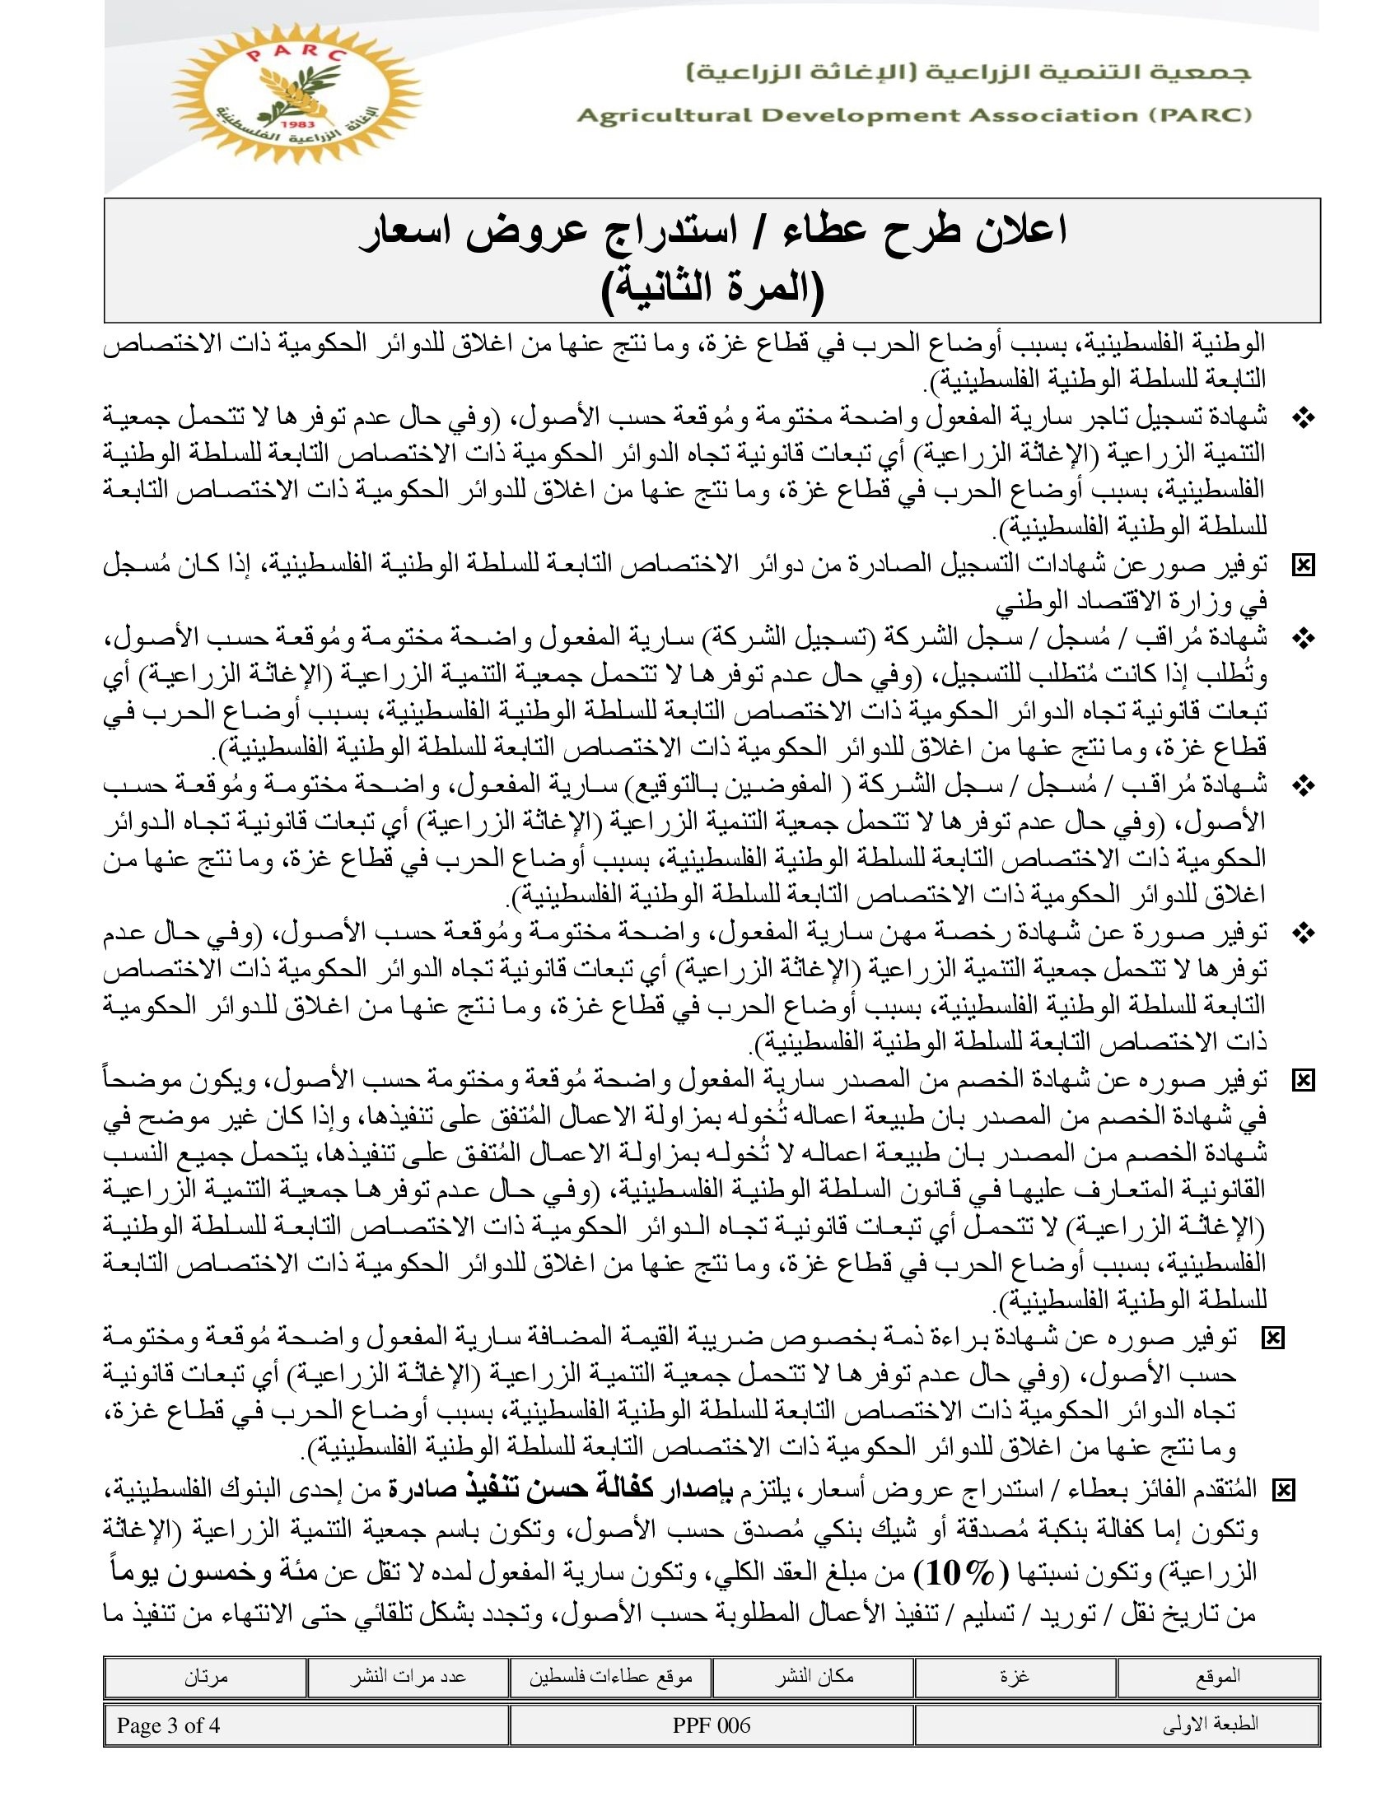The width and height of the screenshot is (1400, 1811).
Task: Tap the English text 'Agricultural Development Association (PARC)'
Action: [x=914, y=115]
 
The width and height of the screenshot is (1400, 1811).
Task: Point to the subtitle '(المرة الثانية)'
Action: [x=712, y=287]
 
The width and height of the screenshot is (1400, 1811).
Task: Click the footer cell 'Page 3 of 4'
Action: [x=168, y=1725]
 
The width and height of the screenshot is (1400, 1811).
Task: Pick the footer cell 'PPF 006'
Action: [x=712, y=1725]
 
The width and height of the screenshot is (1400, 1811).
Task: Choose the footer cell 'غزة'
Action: [x=1015, y=1676]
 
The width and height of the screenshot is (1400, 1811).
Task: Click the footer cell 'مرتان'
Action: [x=205, y=1676]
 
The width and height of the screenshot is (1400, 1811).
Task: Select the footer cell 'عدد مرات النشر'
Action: [x=407, y=1676]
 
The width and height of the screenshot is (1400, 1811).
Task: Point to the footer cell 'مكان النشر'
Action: [x=814, y=1676]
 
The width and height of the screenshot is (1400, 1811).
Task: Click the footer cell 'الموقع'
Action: [x=1217, y=1676]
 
